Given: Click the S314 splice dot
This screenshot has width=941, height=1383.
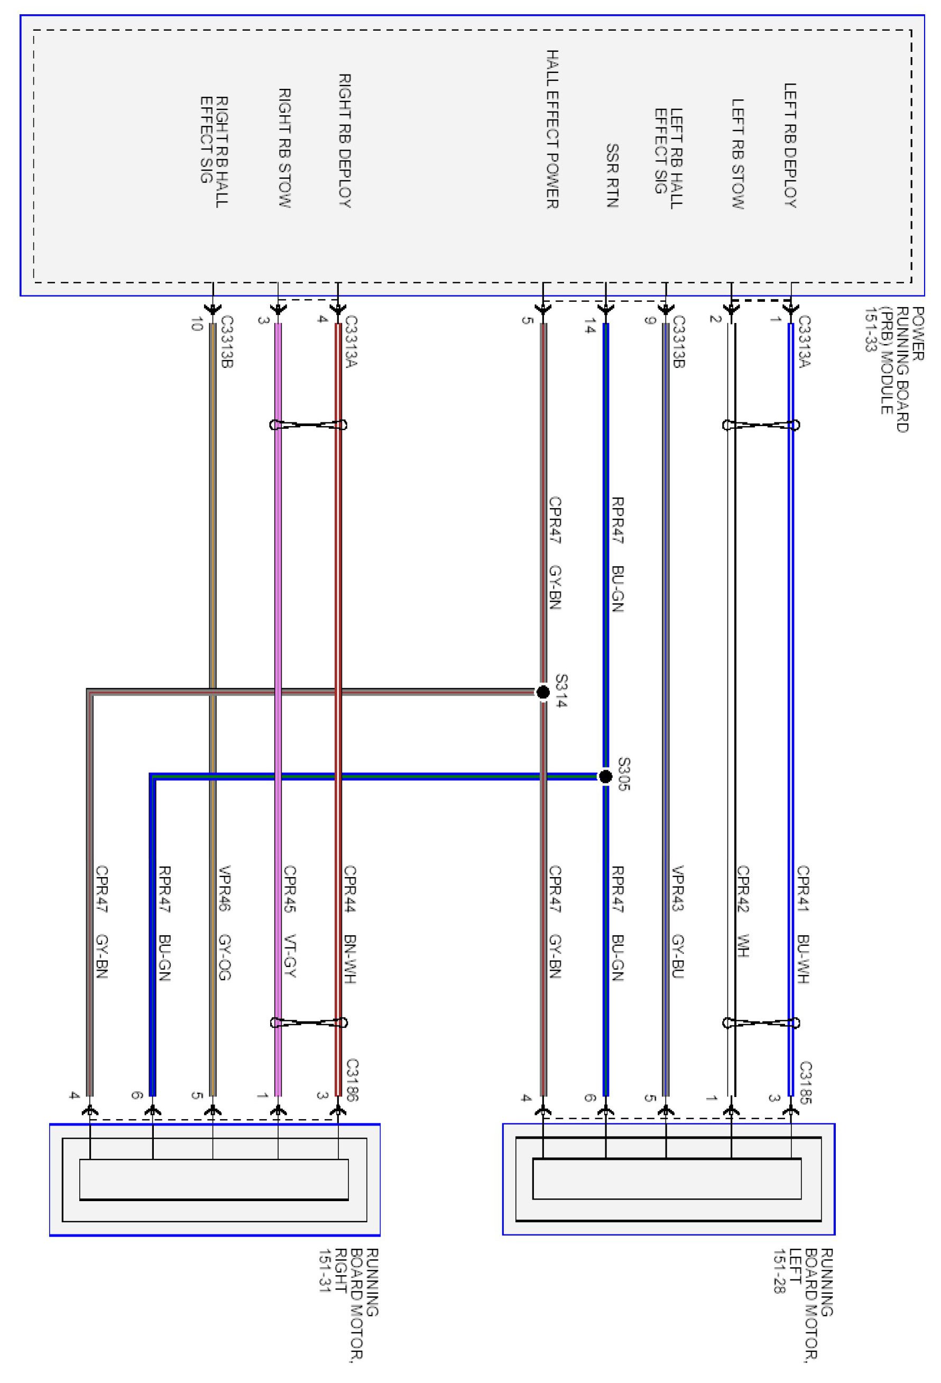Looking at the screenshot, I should point(542,692).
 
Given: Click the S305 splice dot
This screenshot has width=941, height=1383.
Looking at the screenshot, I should point(605,776).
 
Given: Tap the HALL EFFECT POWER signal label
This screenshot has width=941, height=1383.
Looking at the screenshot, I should point(552,129).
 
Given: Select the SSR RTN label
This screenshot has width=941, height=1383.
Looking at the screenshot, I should point(612,176).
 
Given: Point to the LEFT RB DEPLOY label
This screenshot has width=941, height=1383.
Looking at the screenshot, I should point(790,145).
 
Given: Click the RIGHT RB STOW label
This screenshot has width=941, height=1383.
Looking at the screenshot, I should point(284,148).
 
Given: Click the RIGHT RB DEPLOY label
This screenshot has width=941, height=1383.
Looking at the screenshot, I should point(345,141).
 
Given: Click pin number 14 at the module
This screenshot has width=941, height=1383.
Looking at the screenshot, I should point(589,327).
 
